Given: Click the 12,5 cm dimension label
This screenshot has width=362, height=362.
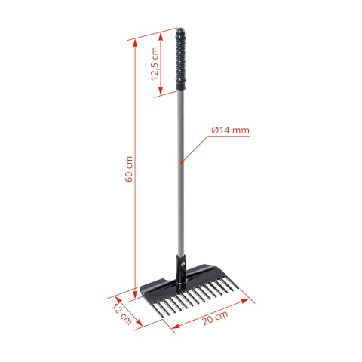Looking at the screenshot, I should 155,63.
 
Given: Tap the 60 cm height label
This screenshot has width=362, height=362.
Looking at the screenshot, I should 130,173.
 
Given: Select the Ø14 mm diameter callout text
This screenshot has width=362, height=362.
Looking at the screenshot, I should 230,130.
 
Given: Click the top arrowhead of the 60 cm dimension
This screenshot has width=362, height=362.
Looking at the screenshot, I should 135,41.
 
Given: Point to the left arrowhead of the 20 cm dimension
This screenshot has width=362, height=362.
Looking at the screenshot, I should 175,327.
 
